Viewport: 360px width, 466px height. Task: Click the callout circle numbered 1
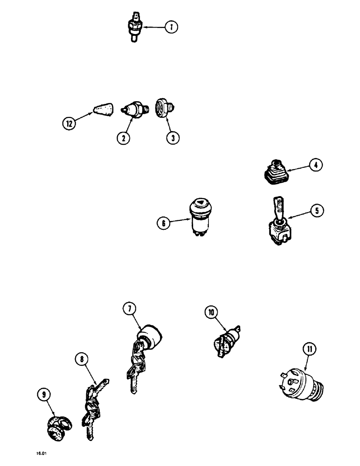(x=171, y=27)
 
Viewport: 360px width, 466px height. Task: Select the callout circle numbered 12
(x=69, y=123)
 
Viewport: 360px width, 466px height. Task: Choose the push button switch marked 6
(x=199, y=221)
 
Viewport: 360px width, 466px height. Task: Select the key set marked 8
(x=92, y=406)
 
